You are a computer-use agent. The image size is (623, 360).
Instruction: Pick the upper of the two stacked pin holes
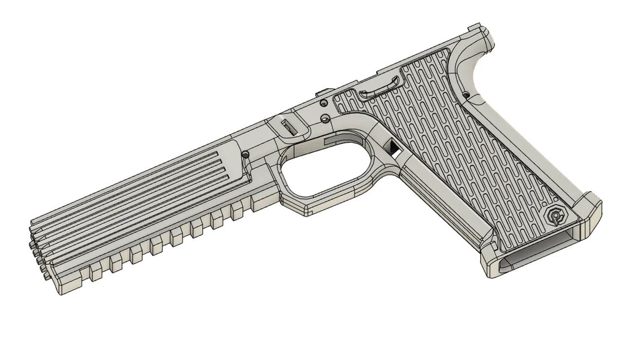pyautogui.click(x=323, y=103)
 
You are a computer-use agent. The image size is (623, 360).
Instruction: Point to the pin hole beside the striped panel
pyautogui.click(x=246, y=155)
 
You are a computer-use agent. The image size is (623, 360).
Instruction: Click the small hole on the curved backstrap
pyautogui.click(x=466, y=95)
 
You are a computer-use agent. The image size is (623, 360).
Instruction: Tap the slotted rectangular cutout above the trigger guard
pyautogui.click(x=291, y=127)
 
